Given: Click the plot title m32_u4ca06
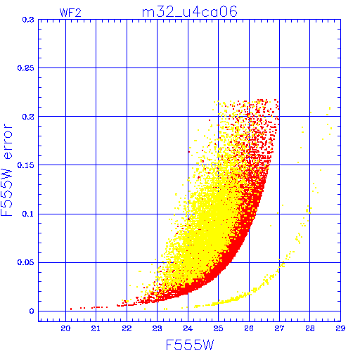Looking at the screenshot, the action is (190, 12).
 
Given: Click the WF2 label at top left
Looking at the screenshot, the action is (70, 13).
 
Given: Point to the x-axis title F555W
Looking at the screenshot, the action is (190, 345).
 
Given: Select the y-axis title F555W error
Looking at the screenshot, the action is (7, 170).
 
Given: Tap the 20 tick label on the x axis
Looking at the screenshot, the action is (65, 328).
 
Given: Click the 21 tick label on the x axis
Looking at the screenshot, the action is (96, 328).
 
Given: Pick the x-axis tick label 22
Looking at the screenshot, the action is (127, 328).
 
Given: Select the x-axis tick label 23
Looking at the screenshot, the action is (157, 328).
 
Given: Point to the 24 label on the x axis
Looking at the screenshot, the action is (188, 328).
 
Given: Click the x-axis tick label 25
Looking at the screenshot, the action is (218, 328).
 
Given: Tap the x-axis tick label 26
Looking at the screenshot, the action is (249, 328).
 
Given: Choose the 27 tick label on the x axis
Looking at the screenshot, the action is (279, 328).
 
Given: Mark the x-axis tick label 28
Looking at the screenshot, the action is (310, 328).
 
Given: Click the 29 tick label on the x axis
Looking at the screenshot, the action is (340, 328).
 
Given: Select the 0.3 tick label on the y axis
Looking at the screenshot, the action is (28, 20).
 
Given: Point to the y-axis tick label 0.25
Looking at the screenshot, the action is (26, 68).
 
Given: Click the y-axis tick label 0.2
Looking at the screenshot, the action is (28, 117).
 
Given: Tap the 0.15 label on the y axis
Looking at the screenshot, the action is (26, 165).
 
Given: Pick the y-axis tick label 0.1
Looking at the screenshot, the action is (28, 214).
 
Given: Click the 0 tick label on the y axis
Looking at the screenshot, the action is (32, 311).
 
